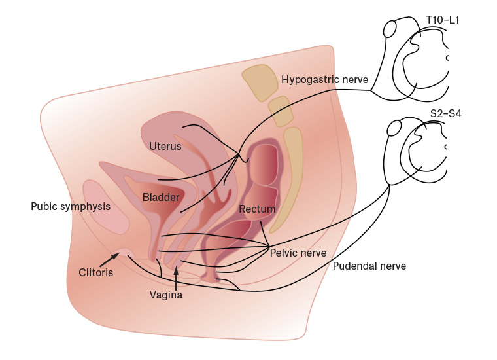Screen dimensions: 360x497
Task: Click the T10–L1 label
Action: tap(443, 20)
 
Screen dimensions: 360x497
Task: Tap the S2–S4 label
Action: tap(446, 113)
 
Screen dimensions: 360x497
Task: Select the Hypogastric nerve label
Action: tap(324, 80)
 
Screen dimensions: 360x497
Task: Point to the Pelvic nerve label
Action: tap(298, 253)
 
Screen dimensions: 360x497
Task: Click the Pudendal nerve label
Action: tap(369, 266)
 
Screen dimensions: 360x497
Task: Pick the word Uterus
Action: tap(165, 146)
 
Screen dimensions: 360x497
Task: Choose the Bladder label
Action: tap(161, 197)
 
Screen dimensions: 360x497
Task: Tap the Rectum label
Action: tap(257, 209)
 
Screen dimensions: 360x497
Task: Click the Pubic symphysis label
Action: tap(71, 207)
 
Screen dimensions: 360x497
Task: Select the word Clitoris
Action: tap(96, 273)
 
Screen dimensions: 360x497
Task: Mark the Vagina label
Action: tap(166, 295)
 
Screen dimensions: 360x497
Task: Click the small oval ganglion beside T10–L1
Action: tap(390, 29)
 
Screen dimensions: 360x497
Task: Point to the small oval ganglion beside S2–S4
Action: tap(394, 128)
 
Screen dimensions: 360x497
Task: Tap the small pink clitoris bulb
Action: tap(124, 252)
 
